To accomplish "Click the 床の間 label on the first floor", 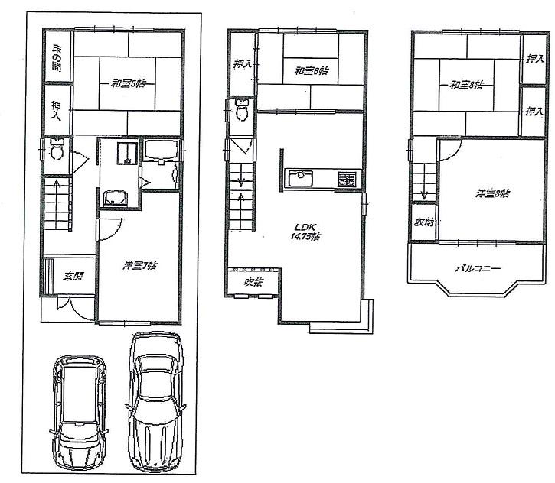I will click(57, 59).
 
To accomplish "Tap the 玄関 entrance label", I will click(73, 277).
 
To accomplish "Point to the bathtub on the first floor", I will click(161, 153).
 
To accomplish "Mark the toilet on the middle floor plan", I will click(243, 112).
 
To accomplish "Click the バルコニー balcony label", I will click(478, 268).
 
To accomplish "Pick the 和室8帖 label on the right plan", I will click(466, 84).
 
